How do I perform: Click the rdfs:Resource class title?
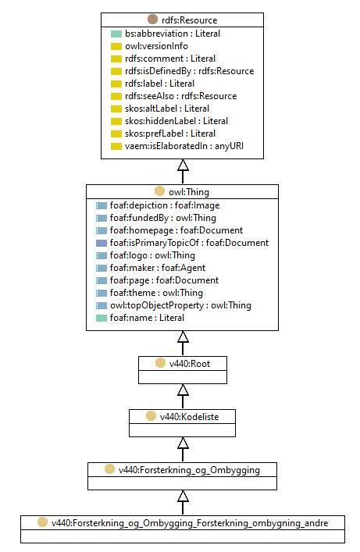(x=189, y=20)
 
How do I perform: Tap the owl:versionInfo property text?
(x=156, y=46)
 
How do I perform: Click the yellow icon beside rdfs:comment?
(x=116, y=59)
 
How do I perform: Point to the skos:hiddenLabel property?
(x=176, y=121)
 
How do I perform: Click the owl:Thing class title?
(x=189, y=192)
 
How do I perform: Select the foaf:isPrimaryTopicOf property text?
(x=189, y=243)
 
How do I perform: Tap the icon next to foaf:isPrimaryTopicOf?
(x=102, y=244)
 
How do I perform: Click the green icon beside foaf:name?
(x=102, y=319)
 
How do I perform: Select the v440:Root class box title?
(x=190, y=364)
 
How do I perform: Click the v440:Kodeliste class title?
(x=189, y=417)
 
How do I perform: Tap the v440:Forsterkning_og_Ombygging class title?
(x=189, y=470)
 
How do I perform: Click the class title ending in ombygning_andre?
(x=190, y=523)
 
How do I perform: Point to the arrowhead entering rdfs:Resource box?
(x=183, y=165)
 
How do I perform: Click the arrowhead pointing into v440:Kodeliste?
(x=183, y=443)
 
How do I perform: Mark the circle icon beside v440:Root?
(x=160, y=363)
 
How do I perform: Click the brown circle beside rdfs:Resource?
(x=153, y=20)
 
